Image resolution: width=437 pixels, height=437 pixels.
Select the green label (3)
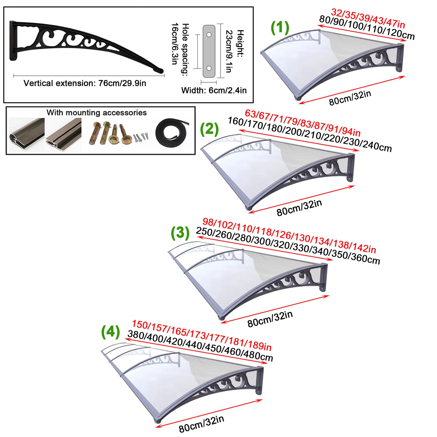click(x=180, y=233)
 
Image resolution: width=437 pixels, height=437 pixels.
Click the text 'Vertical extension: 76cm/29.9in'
click(x=85, y=83)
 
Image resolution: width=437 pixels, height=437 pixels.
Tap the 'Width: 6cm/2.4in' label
click(x=214, y=90)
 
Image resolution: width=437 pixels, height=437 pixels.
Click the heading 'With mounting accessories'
click(x=96, y=113)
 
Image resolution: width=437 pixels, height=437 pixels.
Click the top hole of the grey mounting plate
click(x=209, y=35)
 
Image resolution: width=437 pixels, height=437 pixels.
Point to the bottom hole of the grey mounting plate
click(x=209, y=68)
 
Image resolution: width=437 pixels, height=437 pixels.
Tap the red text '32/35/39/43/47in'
click(x=368, y=18)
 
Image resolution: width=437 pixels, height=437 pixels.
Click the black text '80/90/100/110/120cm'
click(x=367, y=28)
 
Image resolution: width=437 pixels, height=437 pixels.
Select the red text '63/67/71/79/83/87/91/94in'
click(x=303, y=123)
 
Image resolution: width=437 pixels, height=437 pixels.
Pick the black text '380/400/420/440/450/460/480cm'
click(x=200, y=346)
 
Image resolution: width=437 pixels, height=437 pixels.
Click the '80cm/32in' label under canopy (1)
click(x=350, y=98)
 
